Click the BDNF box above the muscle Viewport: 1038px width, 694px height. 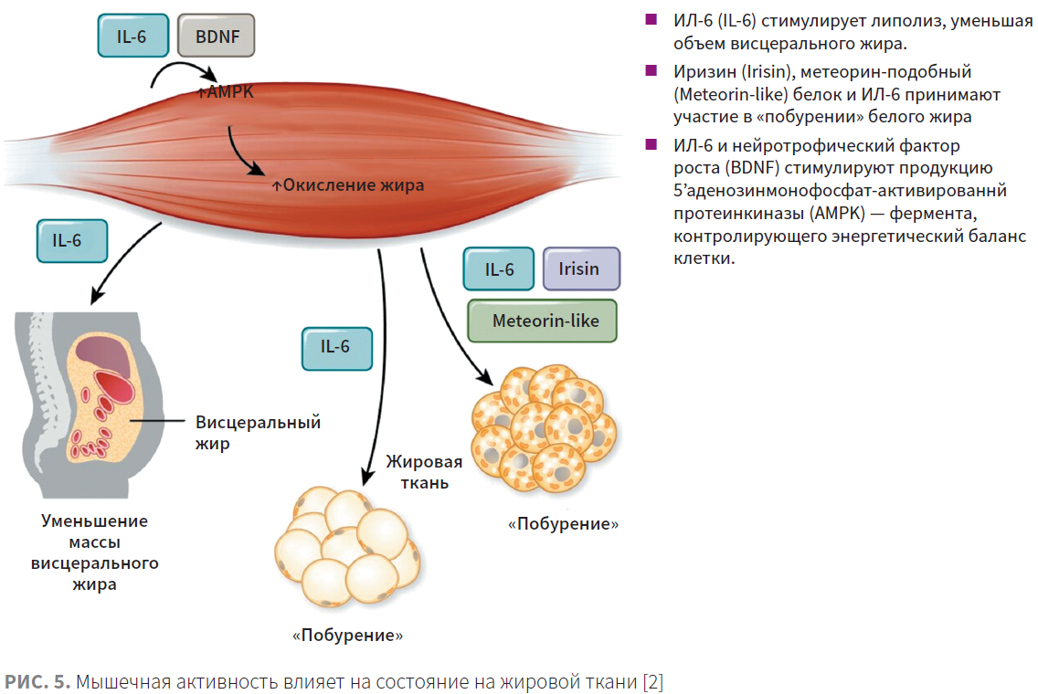point(216,36)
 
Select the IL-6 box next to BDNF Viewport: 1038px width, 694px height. point(133,36)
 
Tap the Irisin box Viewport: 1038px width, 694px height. point(581,268)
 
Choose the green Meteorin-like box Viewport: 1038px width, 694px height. point(542,321)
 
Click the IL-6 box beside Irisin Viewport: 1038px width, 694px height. point(499,268)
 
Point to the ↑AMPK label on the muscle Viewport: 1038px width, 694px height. point(225,92)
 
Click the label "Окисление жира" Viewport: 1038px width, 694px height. point(348,185)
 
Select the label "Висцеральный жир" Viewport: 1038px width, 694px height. point(258,433)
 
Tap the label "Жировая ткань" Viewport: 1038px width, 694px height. point(424,472)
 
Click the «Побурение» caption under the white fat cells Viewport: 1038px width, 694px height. point(347,636)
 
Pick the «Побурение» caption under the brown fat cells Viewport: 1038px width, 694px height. point(564,524)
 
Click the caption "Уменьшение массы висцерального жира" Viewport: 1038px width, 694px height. point(95,552)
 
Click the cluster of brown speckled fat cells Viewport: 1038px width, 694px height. point(545,428)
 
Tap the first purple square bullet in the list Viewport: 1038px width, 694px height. point(651,19)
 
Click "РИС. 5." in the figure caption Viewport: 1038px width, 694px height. point(37,681)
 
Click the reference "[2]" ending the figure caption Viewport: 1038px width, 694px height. point(652,681)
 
